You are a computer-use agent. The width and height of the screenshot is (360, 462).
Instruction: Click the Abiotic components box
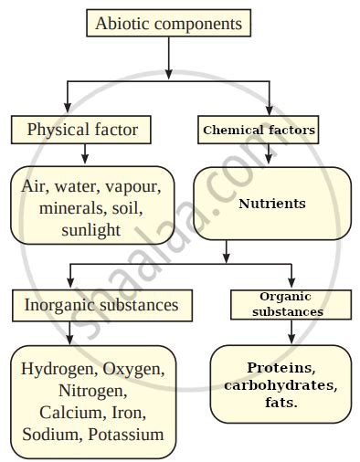pyautogui.click(x=169, y=24)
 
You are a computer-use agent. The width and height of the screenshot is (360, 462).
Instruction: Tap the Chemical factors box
pyautogui.click(x=258, y=131)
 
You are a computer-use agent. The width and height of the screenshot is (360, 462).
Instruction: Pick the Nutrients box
pyautogui.click(x=271, y=204)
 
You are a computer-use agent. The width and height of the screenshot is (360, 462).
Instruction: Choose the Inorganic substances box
pyautogui.click(x=101, y=303)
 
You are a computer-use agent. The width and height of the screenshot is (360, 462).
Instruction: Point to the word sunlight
pyautogui.click(x=90, y=230)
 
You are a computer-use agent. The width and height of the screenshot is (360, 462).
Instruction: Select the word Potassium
pyautogui.click(x=126, y=434)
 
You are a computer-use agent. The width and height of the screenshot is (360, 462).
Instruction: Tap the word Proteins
pyautogui.click(x=281, y=368)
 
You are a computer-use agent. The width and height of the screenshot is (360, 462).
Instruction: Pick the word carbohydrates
pyautogui.click(x=280, y=384)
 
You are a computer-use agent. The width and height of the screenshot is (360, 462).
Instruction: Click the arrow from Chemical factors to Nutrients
pyautogui.click(x=268, y=154)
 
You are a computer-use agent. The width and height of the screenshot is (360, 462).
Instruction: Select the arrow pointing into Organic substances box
pyautogui.click(x=291, y=275)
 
